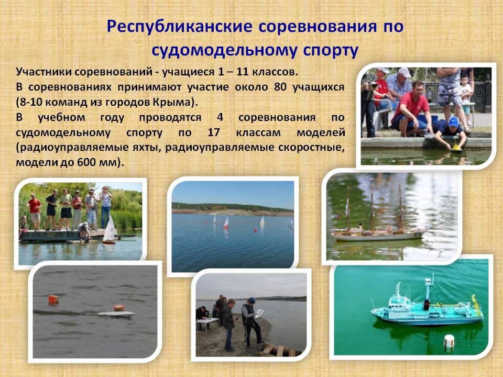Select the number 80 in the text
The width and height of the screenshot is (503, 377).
tap(281, 87)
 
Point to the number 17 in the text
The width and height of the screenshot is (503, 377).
tap(213, 132)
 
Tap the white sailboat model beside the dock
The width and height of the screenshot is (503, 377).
tap(110, 230)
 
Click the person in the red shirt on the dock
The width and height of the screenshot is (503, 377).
tap(35, 212)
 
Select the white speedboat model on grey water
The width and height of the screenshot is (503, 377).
tap(116, 315)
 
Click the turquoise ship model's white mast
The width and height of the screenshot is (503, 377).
tap(428, 289)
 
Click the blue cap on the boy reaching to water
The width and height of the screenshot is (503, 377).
tap(453, 121)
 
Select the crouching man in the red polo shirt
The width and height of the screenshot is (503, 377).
tap(410, 109)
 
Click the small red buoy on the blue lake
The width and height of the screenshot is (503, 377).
tap(256, 230)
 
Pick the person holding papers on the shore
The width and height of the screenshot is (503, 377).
tap(251, 323)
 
